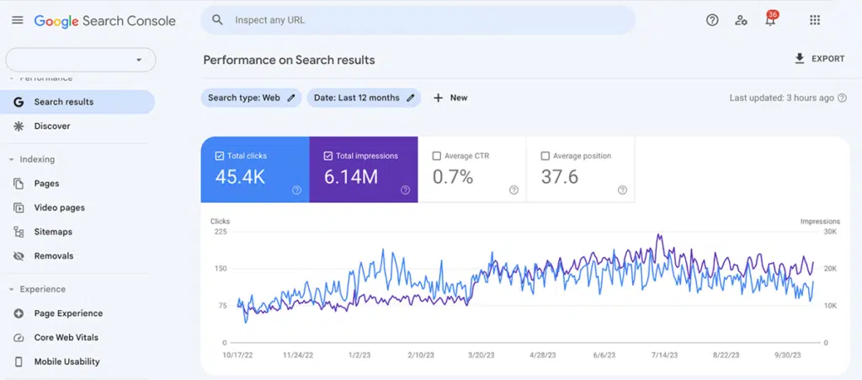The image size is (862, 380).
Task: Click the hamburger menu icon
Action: click(18, 20)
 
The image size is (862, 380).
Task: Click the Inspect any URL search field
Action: click(421, 20)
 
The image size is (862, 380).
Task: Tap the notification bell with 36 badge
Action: click(769, 20)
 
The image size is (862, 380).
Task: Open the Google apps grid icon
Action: click(814, 20)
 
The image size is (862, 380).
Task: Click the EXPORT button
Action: click(819, 59)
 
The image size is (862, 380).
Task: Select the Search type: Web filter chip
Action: click(251, 98)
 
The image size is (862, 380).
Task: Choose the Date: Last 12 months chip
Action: click(364, 98)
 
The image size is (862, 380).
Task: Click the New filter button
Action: click(450, 98)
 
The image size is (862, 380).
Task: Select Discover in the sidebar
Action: click(52, 126)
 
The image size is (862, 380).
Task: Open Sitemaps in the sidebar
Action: click(53, 232)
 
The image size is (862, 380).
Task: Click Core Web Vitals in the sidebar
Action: click(66, 338)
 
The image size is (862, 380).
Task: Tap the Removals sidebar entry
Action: click(54, 256)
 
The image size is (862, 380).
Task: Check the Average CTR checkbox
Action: click(436, 156)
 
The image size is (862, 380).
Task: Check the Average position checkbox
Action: click(545, 156)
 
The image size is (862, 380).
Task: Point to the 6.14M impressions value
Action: click(351, 177)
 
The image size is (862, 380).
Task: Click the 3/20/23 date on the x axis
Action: click(480, 356)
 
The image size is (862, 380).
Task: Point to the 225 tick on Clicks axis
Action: click(220, 232)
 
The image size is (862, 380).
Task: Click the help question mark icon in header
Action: click(712, 20)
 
